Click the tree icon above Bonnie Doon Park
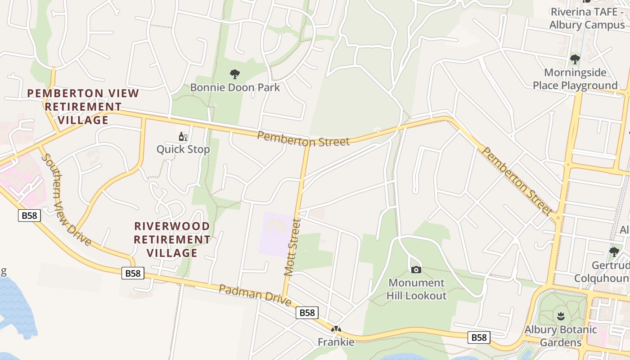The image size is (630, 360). point(234,74)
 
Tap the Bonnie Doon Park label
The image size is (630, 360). point(235,87)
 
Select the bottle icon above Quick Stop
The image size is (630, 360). point(183,137)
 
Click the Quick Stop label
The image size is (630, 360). point(183,149)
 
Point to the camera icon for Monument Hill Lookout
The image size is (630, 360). point(416,270)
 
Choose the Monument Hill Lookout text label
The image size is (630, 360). point(417,289)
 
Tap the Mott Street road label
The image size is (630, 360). point(292,247)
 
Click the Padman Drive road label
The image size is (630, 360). point(255,295)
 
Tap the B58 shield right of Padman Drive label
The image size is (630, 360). point(307,313)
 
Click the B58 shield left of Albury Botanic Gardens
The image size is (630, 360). point(478,337)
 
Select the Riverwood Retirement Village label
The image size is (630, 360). point(172,239)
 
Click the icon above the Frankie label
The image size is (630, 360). point(336,329)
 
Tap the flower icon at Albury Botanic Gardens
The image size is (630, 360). point(561,315)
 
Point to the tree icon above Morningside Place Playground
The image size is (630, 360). point(575,59)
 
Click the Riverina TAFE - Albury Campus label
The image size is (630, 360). point(587,18)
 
